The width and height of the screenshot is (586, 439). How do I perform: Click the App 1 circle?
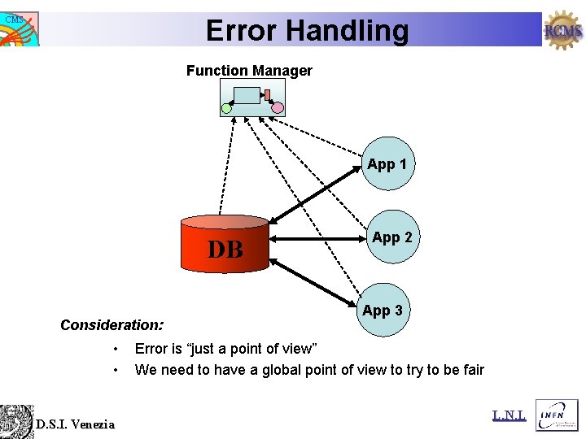[388, 163]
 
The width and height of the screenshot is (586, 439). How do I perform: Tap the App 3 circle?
[383, 310]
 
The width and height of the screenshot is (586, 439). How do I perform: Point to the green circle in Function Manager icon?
[227, 107]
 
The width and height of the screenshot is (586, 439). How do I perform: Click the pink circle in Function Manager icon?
[278, 107]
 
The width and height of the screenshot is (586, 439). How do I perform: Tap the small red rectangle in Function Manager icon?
[267, 95]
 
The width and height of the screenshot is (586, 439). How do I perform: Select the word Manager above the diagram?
[282, 71]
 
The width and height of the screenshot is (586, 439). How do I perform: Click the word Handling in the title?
[353, 31]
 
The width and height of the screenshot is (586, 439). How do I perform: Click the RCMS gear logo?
[563, 31]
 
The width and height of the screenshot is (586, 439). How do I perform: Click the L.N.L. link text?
[509, 416]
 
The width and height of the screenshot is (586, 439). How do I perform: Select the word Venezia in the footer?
[93, 424]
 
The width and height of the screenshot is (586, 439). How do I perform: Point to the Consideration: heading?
[112, 325]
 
